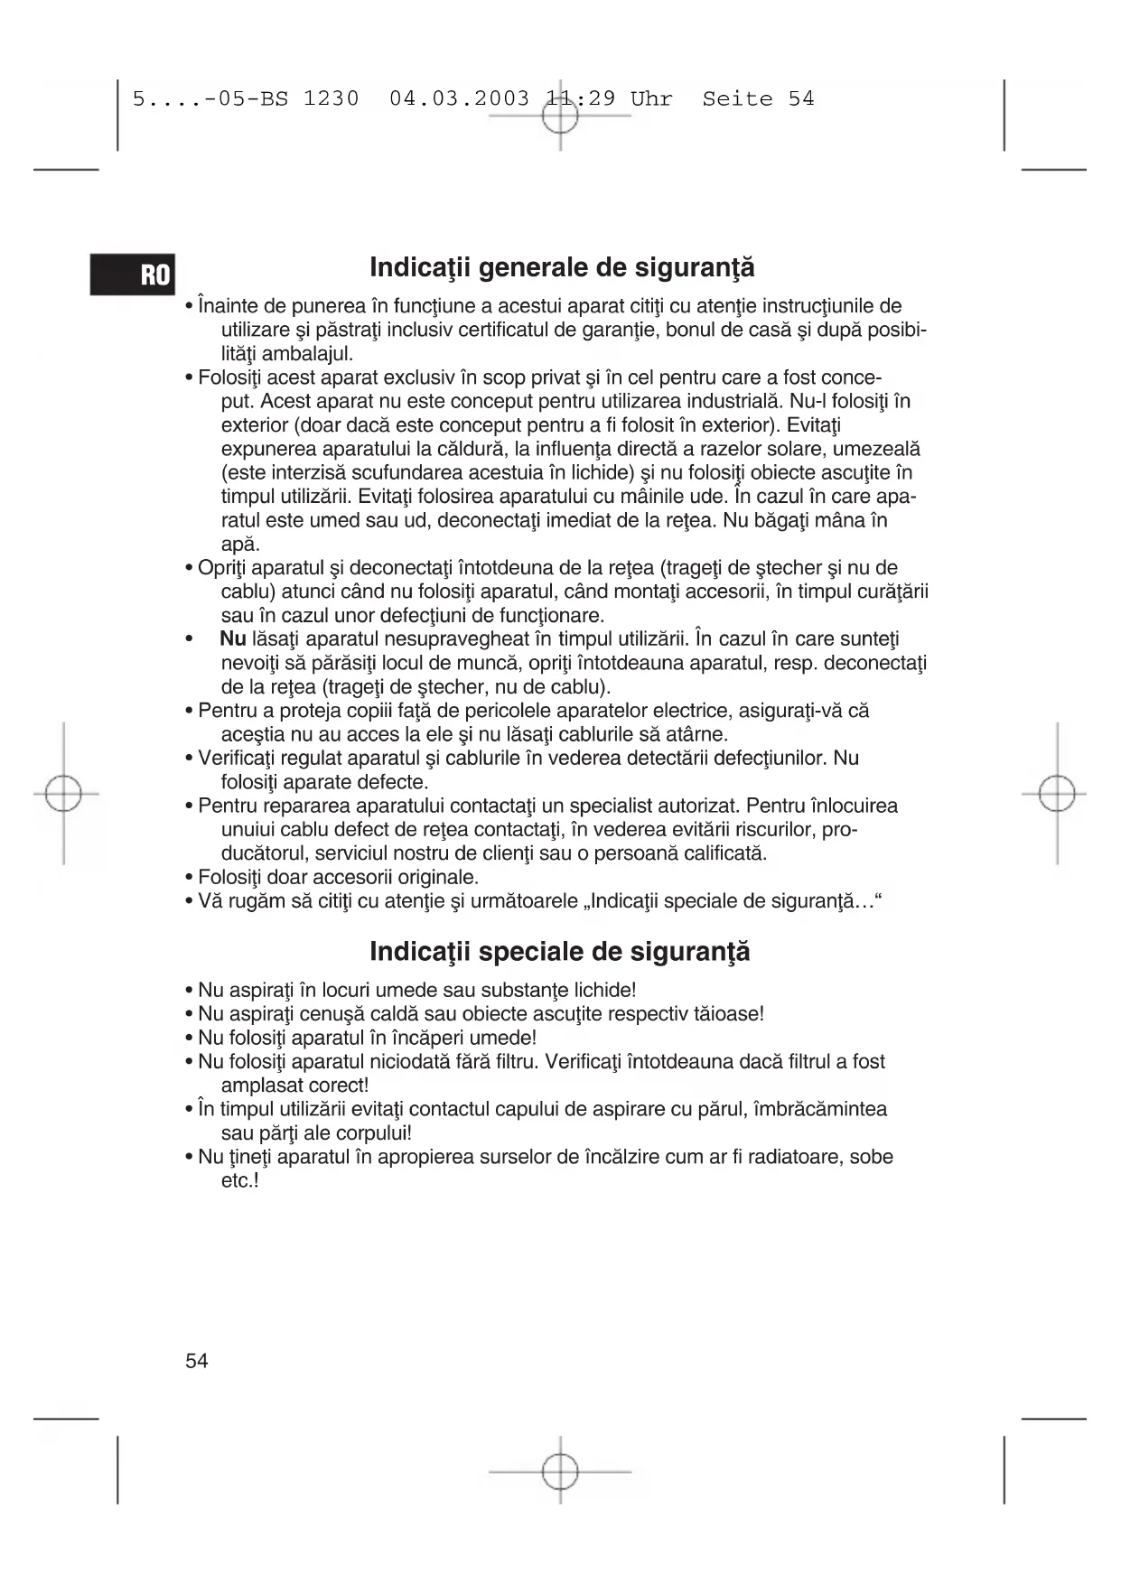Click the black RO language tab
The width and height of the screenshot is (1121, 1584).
(x=132, y=275)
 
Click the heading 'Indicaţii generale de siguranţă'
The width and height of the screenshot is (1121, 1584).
(x=562, y=268)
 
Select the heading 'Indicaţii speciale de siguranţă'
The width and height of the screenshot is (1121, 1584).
(x=560, y=952)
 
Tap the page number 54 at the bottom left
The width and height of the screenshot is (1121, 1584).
(x=197, y=1361)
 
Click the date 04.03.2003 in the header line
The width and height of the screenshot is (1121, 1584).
(x=459, y=99)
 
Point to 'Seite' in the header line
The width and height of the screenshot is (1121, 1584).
(x=737, y=99)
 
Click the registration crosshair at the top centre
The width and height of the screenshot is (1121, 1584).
(x=560, y=116)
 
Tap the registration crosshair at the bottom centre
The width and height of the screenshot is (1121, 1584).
(x=560, y=1471)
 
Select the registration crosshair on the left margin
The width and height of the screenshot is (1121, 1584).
(x=63, y=795)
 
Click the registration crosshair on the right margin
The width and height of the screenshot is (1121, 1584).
(x=1056, y=795)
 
